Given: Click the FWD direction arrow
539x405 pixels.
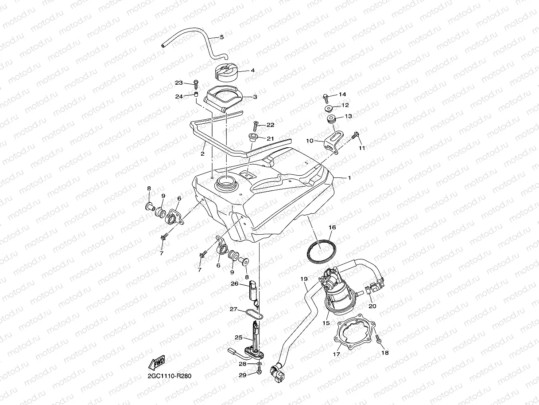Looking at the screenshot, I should pos(157,363).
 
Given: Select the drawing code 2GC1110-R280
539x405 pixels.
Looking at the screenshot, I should pos(170,376).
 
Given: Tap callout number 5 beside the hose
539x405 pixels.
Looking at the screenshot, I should pos(222,37).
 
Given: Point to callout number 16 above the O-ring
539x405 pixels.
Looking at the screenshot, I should pos(332,228).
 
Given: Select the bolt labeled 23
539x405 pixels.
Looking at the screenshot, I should pos(196,83).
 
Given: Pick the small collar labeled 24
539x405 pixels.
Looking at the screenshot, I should pos(195,95).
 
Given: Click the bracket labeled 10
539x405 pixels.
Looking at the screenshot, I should pos(333,141).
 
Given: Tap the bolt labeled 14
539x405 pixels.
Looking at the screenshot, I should pos(326,96).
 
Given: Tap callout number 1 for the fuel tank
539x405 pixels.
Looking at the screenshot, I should pos(349,178).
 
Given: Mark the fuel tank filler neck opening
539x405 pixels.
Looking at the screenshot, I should pos(226,181).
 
